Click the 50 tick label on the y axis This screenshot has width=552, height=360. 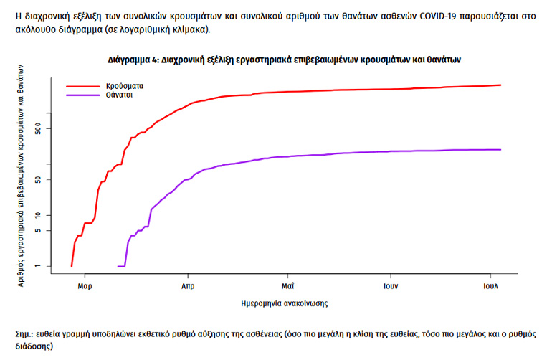click(x=49, y=179)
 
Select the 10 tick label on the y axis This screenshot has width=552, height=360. click(x=49, y=215)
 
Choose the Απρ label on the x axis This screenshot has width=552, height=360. click(x=187, y=285)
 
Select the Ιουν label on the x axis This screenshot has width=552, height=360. click(x=390, y=285)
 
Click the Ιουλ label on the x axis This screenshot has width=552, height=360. click(x=490, y=285)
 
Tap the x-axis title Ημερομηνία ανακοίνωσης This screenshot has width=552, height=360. click(x=285, y=303)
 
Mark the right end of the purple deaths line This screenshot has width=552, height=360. click(x=500, y=149)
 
